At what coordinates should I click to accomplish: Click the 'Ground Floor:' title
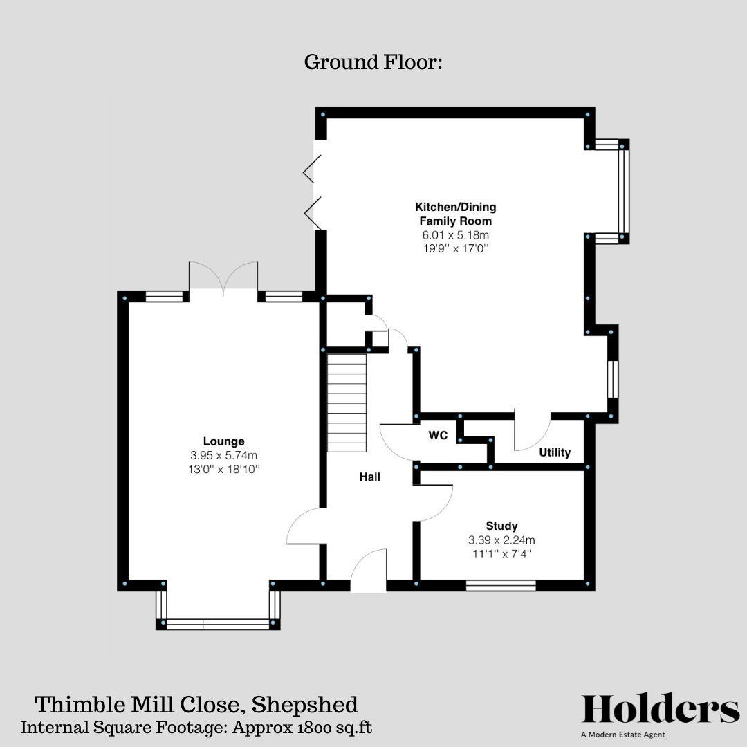pyautogui.click(x=373, y=62)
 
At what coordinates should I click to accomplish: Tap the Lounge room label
pyautogui.click(x=223, y=441)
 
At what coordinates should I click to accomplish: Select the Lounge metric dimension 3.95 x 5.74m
pyautogui.click(x=223, y=455)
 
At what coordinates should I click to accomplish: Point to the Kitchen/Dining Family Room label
pyautogui.click(x=455, y=214)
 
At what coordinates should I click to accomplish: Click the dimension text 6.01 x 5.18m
pyautogui.click(x=455, y=235)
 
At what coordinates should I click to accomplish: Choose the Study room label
pyautogui.click(x=501, y=526)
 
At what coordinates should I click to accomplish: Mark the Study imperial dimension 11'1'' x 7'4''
pyautogui.click(x=501, y=553)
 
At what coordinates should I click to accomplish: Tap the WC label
pyautogui.click(x=437, y=436)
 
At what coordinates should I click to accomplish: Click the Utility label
pyautogui.click(x=555, y=452)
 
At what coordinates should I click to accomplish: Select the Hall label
pyautogui.click(x=369, y=477)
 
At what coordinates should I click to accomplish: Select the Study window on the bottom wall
pyautogui.click(x=501, y=585)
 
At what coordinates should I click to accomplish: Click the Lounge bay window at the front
pyautogui.click(x=218, y=624)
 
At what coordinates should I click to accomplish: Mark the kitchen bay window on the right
pyautogui.click(x=623, y=192)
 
